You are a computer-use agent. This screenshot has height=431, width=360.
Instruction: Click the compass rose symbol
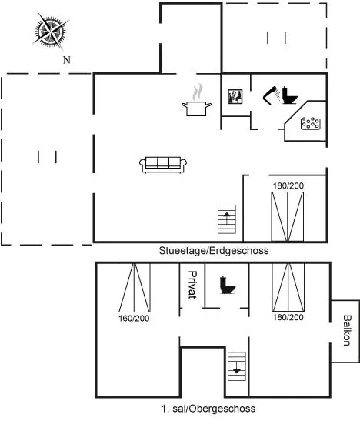[x=51, y=32]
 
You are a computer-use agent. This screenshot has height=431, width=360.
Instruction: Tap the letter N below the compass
[x=67, y=60]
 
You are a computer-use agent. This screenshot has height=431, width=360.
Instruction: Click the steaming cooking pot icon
[x=197, y=101]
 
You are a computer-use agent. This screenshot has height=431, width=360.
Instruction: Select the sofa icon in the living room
[x=163, y=165]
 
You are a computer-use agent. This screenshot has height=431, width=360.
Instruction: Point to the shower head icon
[x=272, y=95]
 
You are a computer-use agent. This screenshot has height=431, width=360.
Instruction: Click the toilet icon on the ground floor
[x=290, y=95]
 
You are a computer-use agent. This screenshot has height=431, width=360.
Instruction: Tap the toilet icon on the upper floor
[x=228, y=285]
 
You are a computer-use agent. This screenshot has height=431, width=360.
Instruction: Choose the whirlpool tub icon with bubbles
[x=311, y=123]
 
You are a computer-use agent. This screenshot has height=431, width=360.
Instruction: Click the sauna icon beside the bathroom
[x=235, y=96]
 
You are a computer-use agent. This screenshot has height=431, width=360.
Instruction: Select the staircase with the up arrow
[x=227, y=219]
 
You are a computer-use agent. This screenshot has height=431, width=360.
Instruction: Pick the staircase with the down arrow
[x=237, y=366]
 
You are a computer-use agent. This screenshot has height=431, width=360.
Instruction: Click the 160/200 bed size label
[x=134, y=319]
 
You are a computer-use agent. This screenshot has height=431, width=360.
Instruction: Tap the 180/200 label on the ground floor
[x=288, y=185]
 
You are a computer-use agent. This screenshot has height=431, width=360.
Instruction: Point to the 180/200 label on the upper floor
[x=288, y=317]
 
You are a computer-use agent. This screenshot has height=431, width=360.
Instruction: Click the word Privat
[x=192, y=285]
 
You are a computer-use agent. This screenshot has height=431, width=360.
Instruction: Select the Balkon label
[x=348, y=330]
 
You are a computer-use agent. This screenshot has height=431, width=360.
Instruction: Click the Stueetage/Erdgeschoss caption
[x=214, y=251]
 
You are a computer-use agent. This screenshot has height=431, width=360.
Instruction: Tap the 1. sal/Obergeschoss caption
[x=208, y=409]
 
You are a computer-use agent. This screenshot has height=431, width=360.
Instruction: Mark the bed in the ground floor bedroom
[x=288, y=217]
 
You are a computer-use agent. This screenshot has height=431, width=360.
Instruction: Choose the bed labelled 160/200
[x=134, y=288]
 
